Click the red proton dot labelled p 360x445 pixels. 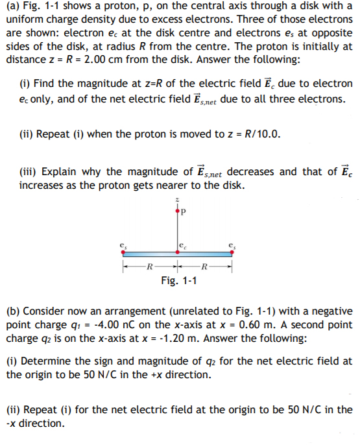tap(176, 210)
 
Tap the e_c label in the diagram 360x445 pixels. tap(184, 243)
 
